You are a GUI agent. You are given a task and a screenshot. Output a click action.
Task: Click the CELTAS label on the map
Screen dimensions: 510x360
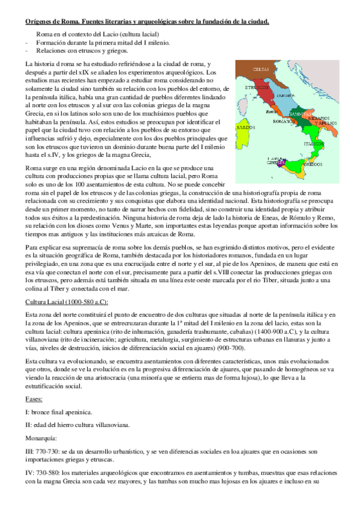(x=261, y=69)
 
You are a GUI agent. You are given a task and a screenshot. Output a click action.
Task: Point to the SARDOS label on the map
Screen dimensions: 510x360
(x=241, y=127)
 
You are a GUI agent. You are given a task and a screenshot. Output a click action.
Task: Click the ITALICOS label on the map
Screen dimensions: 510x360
(x=313, y=144)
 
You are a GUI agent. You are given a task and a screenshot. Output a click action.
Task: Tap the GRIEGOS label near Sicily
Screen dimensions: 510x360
(x=311, y=163)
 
